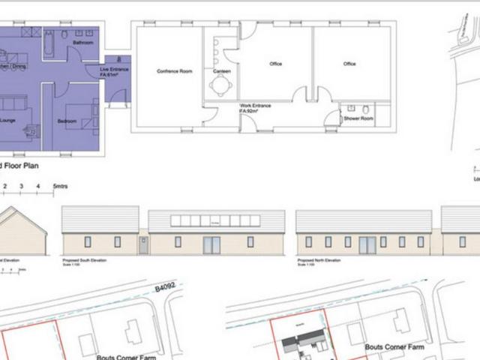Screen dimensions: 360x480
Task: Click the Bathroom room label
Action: coord(82,43)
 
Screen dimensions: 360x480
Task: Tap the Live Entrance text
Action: coord(114,69)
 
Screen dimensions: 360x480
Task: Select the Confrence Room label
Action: coord(174,71)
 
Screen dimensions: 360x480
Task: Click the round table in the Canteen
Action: coord(221,85)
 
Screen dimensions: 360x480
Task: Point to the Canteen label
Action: coord(222,71)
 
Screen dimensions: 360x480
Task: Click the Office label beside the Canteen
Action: coord(275,64)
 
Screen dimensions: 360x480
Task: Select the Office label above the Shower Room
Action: coord(349,64)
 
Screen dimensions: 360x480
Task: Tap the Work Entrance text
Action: coord(255,106)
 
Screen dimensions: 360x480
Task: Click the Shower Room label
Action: coord(358,118)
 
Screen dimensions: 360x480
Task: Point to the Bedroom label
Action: coord(67,120)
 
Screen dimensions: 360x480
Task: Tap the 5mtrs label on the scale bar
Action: coord(60,184)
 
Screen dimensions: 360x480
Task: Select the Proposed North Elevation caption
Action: coord(319,259)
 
